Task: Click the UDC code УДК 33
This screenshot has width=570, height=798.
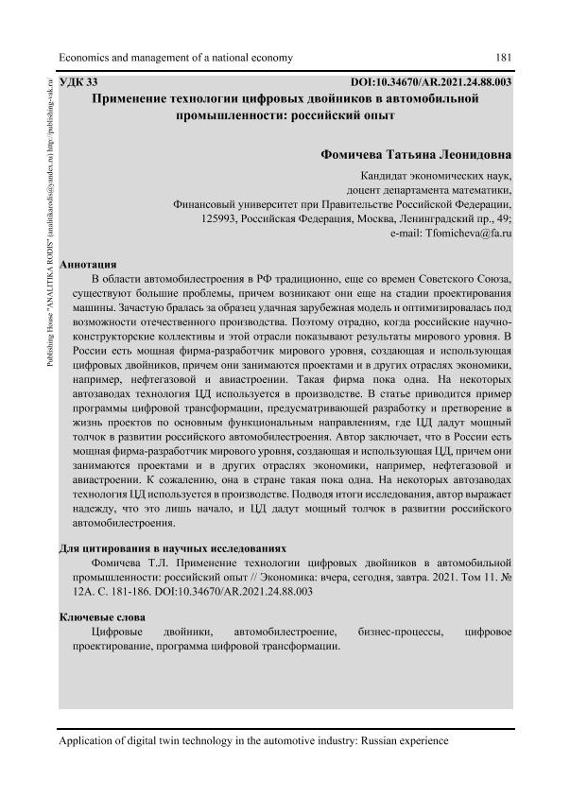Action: pos(78,82)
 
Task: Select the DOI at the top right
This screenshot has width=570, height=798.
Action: pos(431,82)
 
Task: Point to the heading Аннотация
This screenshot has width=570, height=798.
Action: pos(88,264)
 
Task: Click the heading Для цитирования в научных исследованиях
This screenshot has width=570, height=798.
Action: pos(171,547)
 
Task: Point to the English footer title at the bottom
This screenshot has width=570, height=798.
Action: pos(253,742)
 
